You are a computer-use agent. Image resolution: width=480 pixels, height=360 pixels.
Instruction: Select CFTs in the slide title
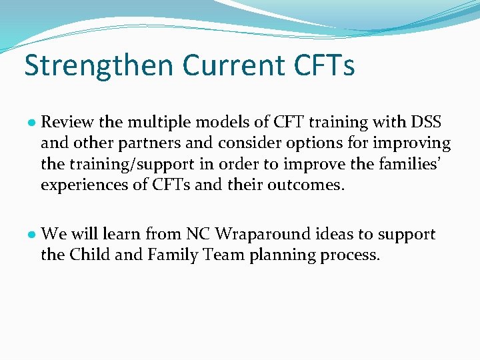pos(323,65)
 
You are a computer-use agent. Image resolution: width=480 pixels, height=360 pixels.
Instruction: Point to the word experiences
pos(81,184)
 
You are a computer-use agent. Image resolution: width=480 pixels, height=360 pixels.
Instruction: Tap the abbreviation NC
pos(197,234)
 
